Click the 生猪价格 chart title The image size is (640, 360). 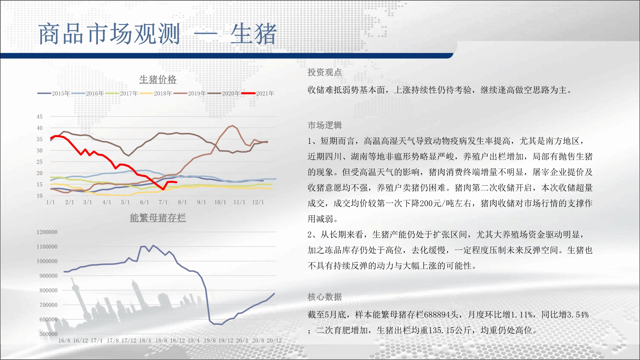(158, 79)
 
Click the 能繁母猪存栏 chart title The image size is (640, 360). (158, 218)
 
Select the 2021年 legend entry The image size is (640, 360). (258, 93)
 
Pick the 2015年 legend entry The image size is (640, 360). (54, 93)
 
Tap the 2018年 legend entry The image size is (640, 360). (156, 93)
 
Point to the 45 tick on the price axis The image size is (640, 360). (39, 117)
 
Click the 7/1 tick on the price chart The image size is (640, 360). (163, 202)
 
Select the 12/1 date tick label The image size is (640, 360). (258, 202)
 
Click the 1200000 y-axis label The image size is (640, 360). (47, 232)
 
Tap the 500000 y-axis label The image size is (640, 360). (48, 334)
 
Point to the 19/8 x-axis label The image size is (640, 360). (210, 340)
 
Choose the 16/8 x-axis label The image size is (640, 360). (64, 340)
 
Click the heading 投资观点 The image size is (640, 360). (325, 72)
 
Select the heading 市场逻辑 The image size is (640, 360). (325, 125)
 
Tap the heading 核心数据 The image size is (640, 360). (325, 297)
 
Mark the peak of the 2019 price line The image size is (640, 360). (232, 126)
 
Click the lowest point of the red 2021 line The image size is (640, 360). (163, 189)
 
